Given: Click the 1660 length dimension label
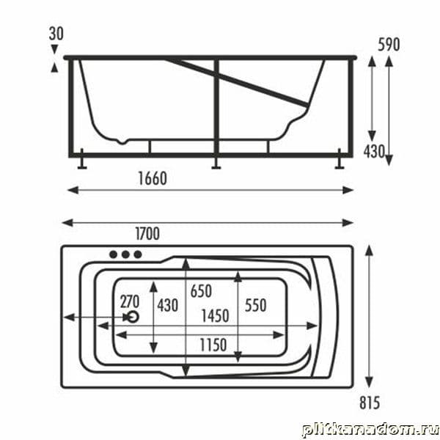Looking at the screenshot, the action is (153, 178).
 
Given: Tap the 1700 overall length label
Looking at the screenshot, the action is (147, 234).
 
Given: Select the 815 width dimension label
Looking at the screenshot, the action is (370, 403).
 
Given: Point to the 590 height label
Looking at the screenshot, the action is (389, 44).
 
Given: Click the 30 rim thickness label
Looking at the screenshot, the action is (56, 34).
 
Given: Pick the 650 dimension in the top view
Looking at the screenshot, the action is (201, 291).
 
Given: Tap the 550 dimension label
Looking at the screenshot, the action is (255, 305).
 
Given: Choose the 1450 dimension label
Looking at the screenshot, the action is (215, 316).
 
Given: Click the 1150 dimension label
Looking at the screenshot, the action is (213, 345).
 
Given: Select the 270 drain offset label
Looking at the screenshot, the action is (130, 302).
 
